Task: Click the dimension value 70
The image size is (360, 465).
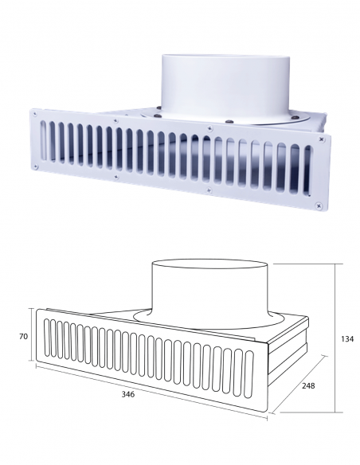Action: (x=23, y=336)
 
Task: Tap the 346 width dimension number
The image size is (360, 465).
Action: (x=128, y=394)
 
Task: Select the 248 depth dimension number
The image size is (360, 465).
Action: (x=308, y=385)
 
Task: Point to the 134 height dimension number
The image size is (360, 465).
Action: (x=347, y=338)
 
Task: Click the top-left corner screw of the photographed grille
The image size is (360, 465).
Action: (x=35, y=113)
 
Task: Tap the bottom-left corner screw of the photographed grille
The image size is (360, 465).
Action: (x=36, y=166)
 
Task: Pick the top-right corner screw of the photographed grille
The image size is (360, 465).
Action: (x=322, y=139)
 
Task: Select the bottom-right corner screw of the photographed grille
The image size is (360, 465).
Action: (x=319, y=205)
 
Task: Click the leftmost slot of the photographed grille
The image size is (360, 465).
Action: (x=43, y=140)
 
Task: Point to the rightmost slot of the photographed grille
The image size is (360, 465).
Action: (x=307, y=170)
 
